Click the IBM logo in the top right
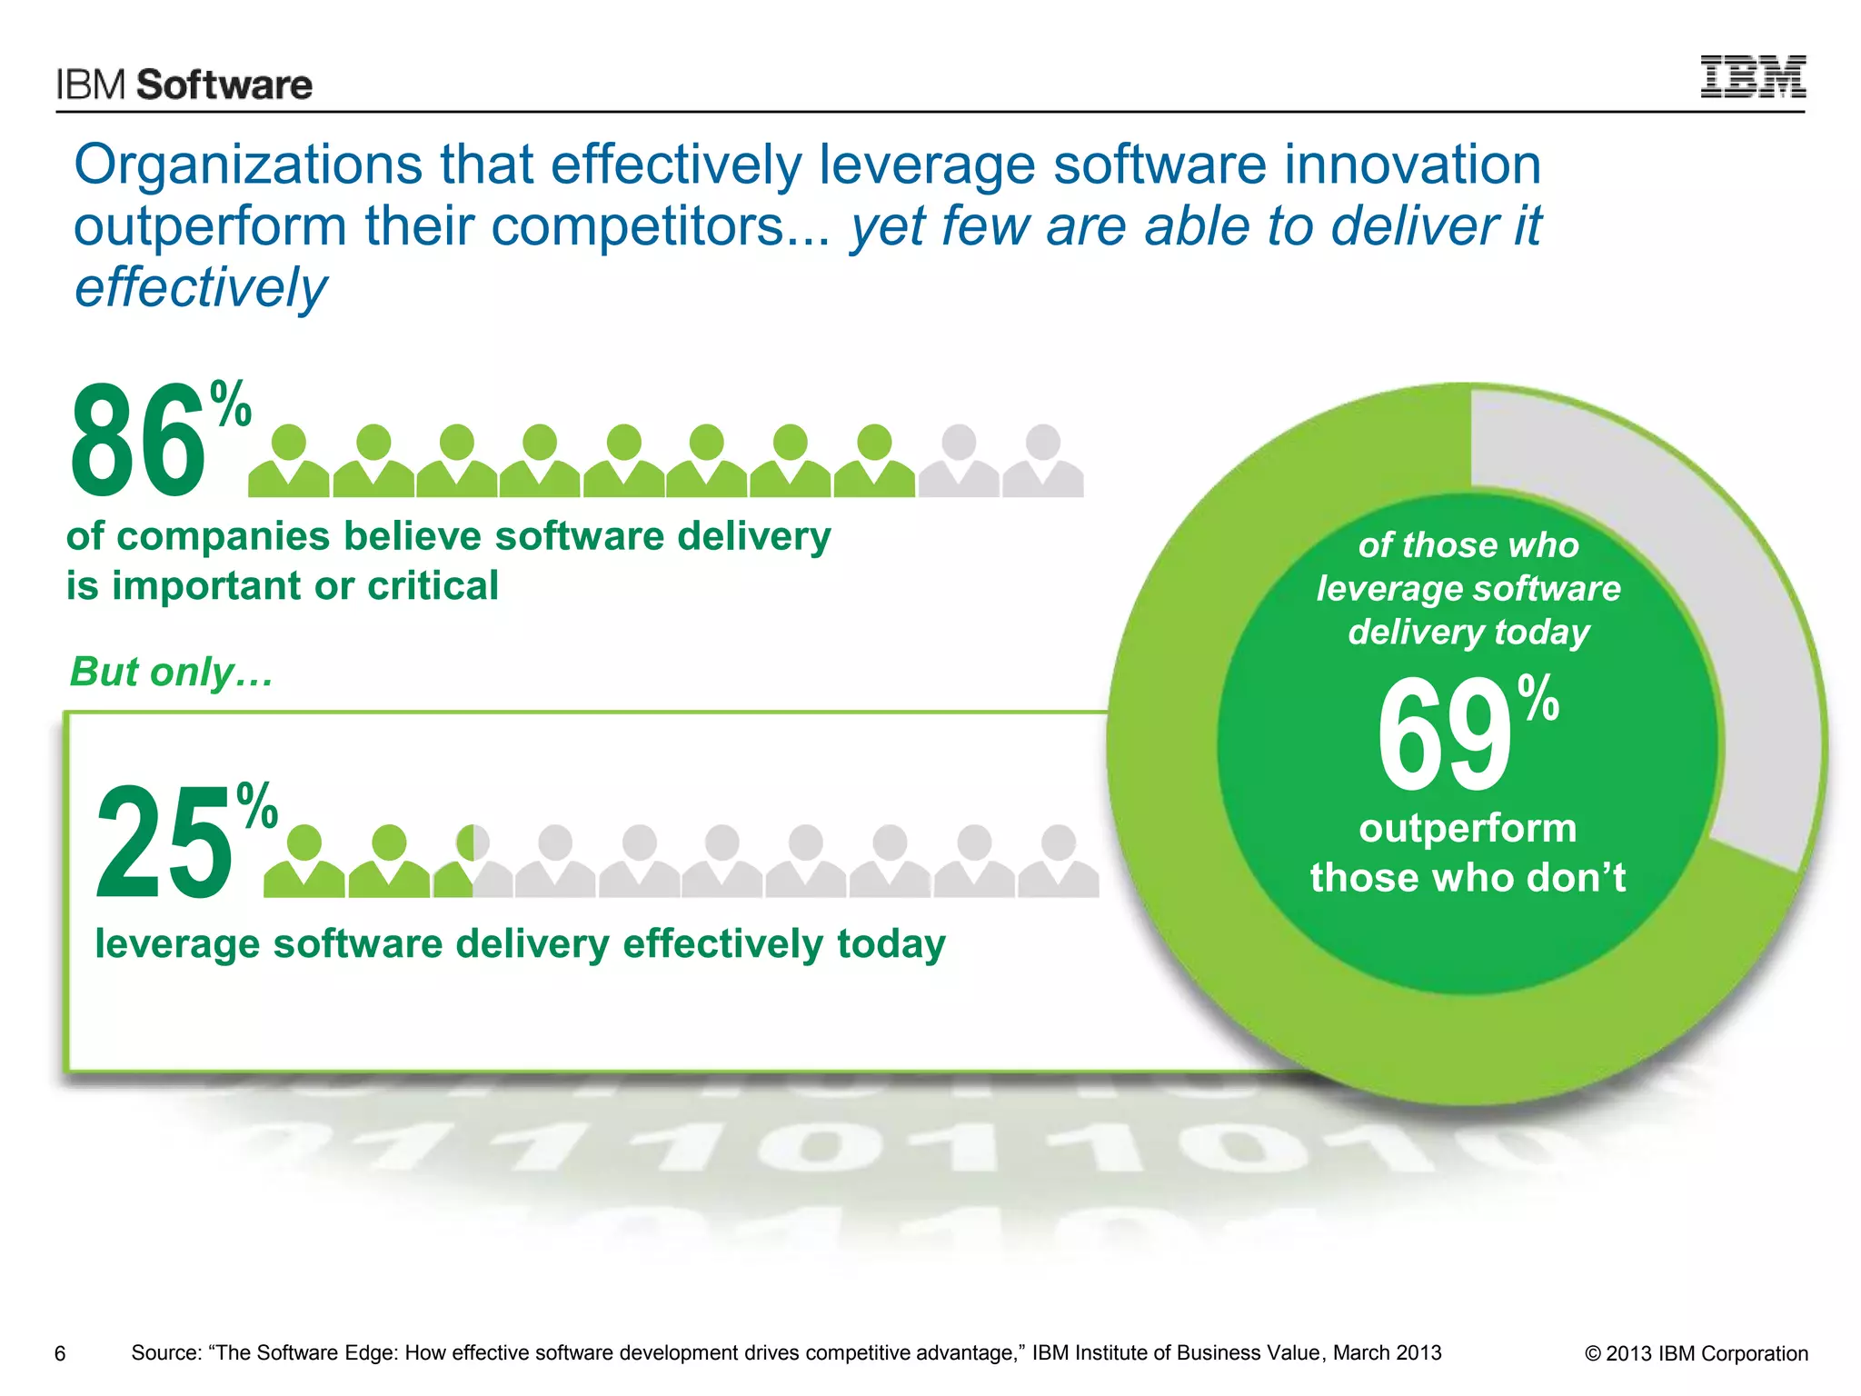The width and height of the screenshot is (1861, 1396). click(1752, 76)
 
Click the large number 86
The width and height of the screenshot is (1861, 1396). click(138, 440)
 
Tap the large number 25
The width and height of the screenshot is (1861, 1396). click(164, 843)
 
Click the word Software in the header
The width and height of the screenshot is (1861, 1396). click(224, 85)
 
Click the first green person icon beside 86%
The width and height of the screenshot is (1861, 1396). click(289, 461)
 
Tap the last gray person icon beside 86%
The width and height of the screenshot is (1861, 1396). click(1042, 461)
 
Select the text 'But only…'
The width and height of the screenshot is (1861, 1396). click(171, 672)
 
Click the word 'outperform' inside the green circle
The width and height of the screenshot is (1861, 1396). click(1467, 828)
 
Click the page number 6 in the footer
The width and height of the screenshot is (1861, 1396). click(60, 1354)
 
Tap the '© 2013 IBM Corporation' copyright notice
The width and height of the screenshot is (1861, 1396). click(1696, 1353)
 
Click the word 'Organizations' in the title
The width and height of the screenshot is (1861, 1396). click(247, 165)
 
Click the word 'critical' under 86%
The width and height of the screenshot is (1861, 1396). click(433, 585)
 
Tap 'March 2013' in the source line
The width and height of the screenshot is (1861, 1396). click(1387, 1352)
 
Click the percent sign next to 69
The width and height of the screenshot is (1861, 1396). click(1538, 697)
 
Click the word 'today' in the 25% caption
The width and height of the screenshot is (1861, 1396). click(891, 943)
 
